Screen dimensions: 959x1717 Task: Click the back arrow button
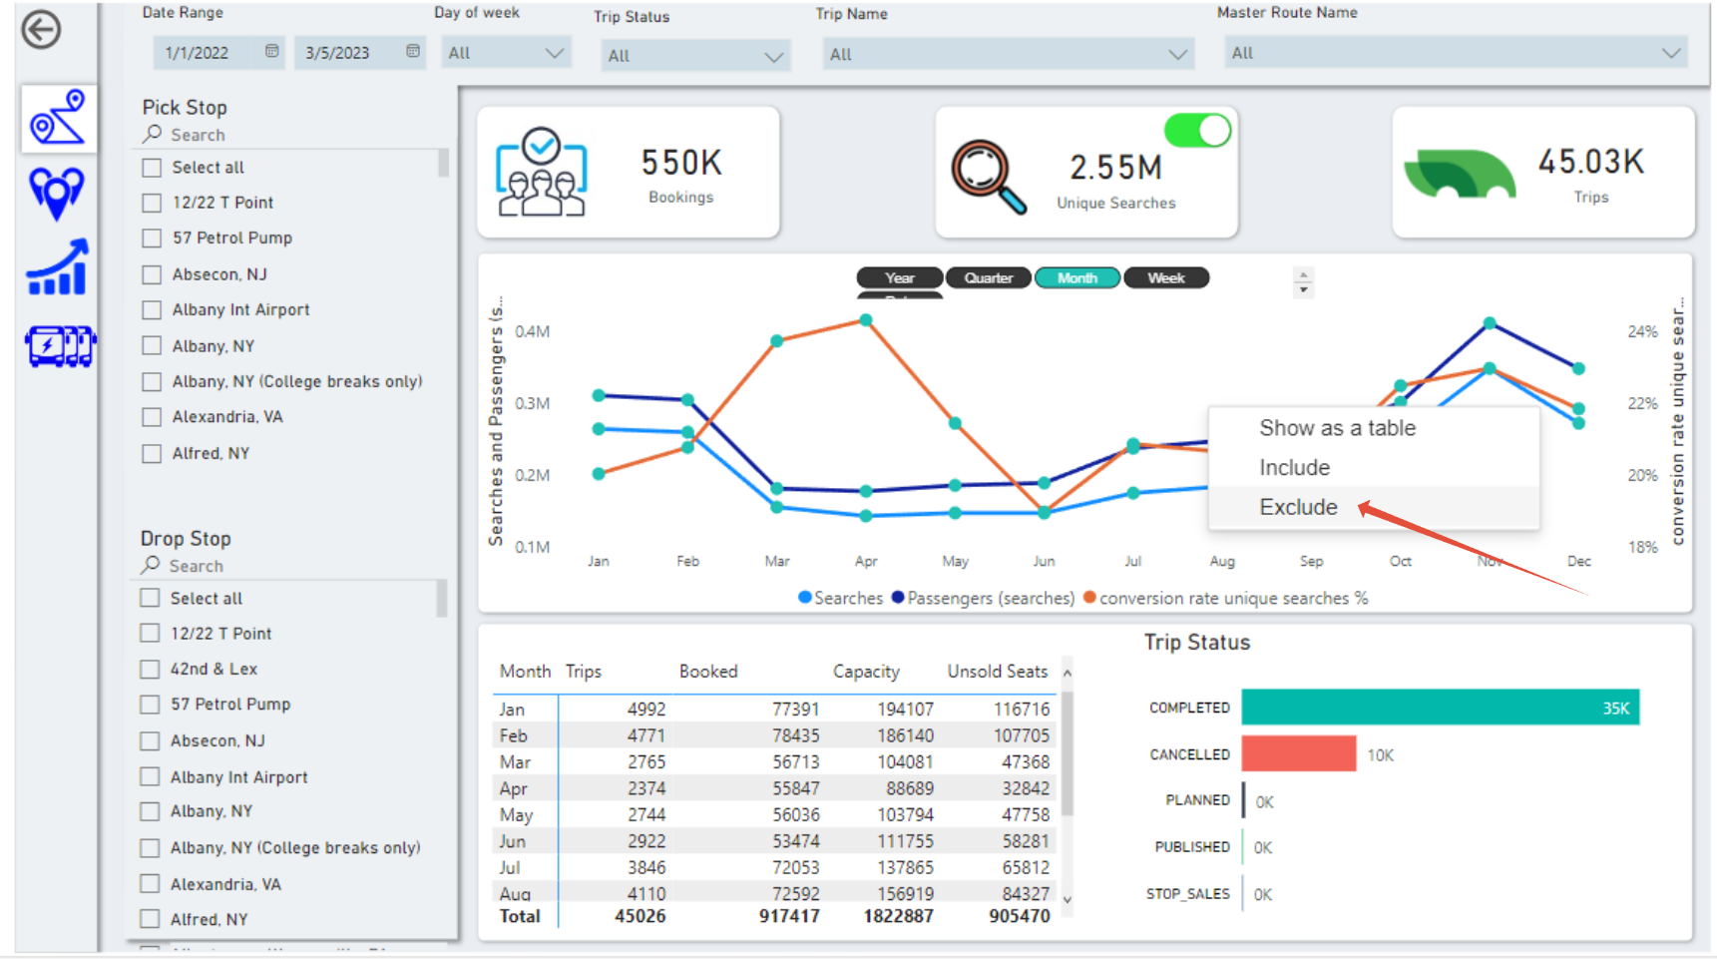coord(42,30)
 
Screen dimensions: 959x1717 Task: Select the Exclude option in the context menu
coord(1298,507)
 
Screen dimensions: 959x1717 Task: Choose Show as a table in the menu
coord(1337,428)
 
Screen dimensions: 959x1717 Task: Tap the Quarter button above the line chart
coord(988,278)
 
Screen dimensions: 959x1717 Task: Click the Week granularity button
coord(1165,278)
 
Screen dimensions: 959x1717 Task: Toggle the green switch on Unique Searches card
coord(1197,131)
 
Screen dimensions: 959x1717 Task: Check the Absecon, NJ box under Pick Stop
coord(152,274)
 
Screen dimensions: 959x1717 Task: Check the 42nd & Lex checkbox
coord(150,670)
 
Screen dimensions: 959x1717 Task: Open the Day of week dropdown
coord(506,53)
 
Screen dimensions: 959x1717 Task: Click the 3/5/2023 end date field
coord(338,53)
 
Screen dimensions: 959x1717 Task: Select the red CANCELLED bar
coord(1298,754)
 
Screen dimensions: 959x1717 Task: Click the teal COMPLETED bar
coord(1439,708)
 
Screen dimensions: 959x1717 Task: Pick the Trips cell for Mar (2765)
coord(645,762)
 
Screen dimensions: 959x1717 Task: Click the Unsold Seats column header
coord(997,672)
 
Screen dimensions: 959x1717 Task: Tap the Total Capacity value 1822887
coord(898,916)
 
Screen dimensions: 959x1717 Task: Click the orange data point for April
coord(866,320)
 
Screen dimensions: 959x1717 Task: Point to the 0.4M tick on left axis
coord(532,331)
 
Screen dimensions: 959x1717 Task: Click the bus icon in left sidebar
coord(60,346)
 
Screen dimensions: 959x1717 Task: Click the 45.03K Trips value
coord(1590,162)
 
